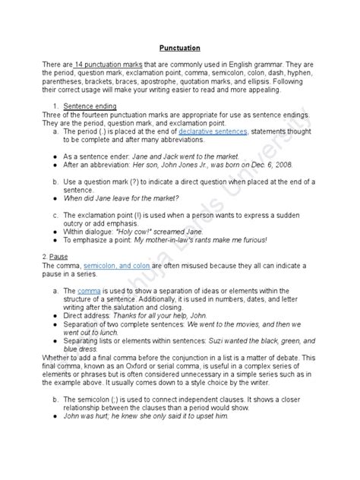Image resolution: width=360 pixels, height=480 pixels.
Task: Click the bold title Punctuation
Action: [179, 45]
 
